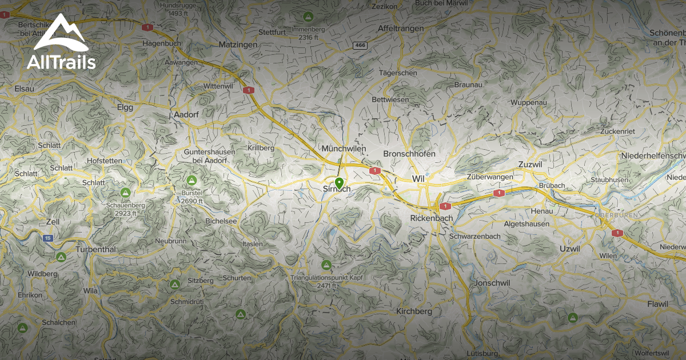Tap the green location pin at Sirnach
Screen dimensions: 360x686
tap(339, 183)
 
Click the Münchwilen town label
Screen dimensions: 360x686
tap(344, 149)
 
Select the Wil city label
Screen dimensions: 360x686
tap(418, 179)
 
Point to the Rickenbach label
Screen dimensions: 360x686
tap(432, 218)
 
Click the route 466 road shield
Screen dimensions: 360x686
tap(360, 45)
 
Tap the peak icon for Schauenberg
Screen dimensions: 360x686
tap(125, 193)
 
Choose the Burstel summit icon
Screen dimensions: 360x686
tap(192, 180)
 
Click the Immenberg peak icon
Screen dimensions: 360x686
tap(308, 16)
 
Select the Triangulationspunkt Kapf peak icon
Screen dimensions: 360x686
tap(326, 265)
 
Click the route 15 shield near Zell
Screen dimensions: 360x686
tap(49, 238)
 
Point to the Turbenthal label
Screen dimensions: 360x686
tap(95, 250)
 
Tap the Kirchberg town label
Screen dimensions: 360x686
tap(414, 312)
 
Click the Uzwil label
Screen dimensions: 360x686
tap(569, 249)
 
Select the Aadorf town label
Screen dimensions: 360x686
tap(186, 114)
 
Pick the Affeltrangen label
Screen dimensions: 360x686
tap(401, 28)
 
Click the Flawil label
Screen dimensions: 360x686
tap(657, 304)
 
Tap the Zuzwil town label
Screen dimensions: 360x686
tap(529, 165)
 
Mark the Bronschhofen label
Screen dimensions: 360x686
tap(409, 154)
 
